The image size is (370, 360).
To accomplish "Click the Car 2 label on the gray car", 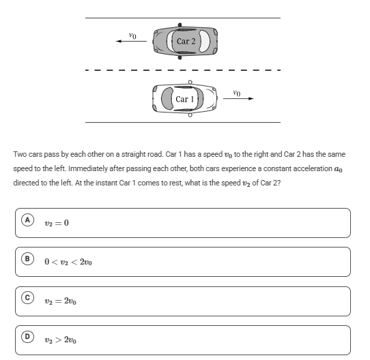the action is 186,42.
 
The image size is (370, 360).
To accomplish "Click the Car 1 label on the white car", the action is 185,99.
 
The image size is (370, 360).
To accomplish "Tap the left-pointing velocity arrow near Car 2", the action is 131,42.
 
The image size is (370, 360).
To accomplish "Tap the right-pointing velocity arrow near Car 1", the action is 238,99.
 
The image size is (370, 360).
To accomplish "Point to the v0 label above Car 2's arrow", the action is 132,35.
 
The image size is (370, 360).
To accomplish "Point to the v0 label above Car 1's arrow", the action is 237,93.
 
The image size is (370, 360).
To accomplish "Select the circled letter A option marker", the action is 27,220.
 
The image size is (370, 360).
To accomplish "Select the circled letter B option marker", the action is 27,259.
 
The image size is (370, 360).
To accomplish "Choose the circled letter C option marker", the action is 27,298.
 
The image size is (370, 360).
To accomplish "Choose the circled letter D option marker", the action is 27,337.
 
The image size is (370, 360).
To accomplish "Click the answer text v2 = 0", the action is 57,223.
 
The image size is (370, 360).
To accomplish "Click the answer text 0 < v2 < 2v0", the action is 68,262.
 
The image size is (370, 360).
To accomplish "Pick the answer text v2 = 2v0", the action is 60,301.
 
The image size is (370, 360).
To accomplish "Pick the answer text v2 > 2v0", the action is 60,340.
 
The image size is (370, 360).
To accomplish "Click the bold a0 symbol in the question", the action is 339,169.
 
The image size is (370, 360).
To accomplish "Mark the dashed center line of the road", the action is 183,70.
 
